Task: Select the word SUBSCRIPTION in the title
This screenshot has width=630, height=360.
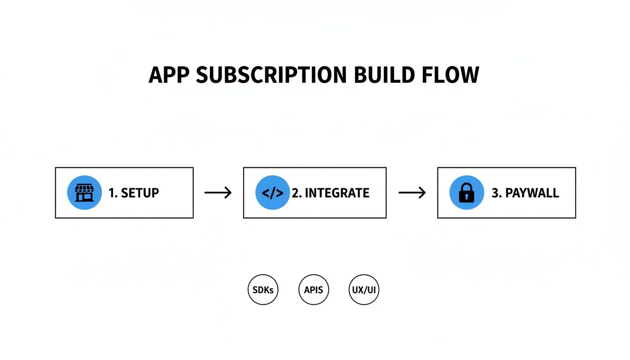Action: coord(271,75)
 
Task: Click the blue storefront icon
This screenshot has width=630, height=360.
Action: coord(84,193)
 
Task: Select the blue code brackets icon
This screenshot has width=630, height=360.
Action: coord(272,193)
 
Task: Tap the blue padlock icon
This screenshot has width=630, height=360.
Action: coord(466,193)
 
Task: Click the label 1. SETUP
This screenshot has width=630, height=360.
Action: coord(134,193)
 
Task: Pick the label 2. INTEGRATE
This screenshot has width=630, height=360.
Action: coord(330,193)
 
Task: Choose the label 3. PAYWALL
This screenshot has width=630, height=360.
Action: coord(525,193)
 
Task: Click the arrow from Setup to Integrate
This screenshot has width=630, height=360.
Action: coord(218,193)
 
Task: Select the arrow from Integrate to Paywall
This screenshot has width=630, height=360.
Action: coord(412,193)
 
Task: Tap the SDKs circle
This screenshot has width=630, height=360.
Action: coord(263,290)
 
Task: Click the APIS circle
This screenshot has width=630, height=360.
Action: coord(314,290)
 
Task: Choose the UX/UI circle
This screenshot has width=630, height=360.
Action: coord(364,290)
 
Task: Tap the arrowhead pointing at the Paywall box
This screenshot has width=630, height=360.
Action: coord(423,193)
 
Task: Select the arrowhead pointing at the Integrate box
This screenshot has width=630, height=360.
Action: coord(229,193)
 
